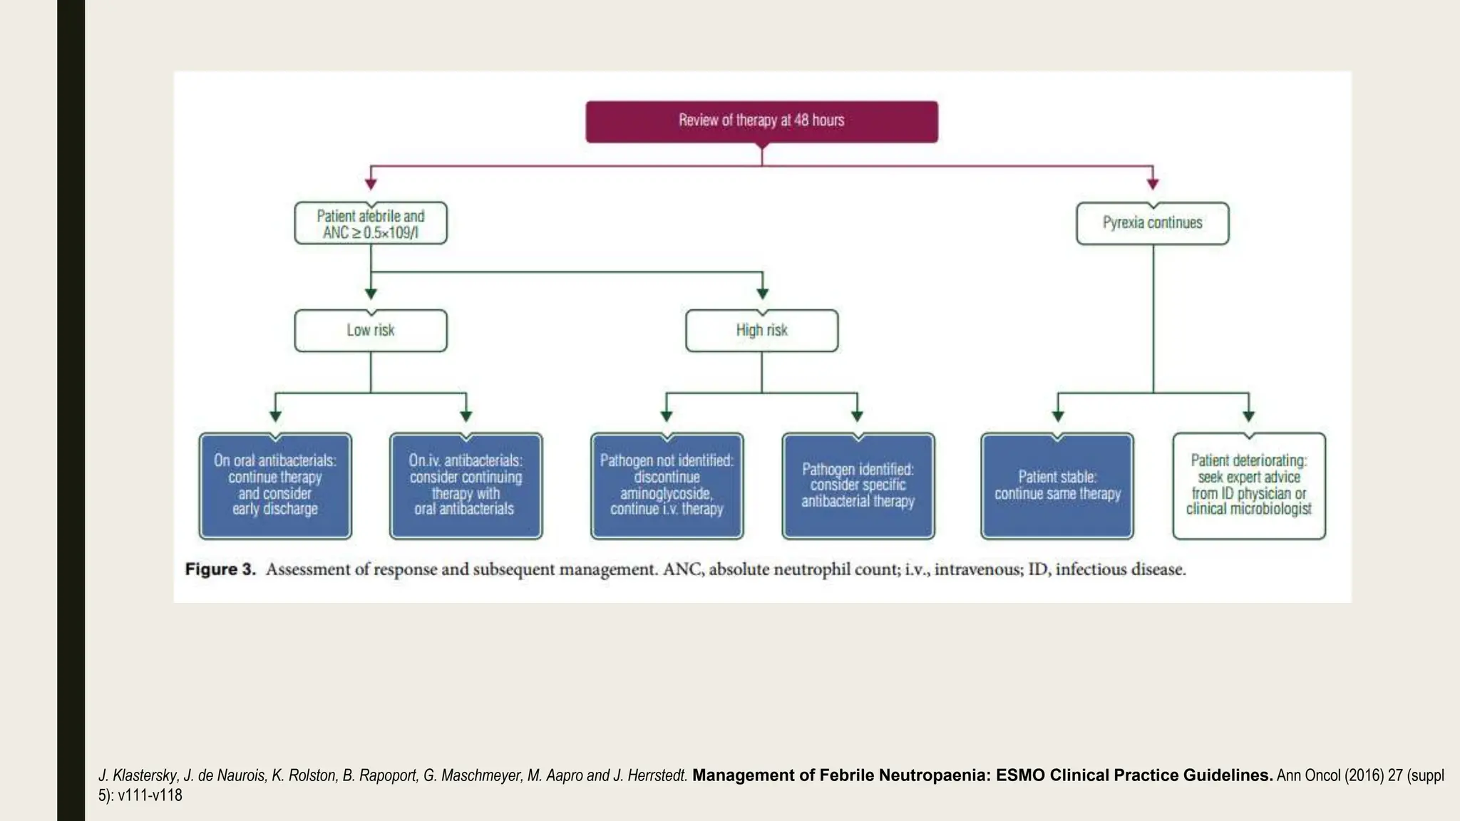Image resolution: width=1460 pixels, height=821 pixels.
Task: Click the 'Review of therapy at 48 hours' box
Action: tap(761, 121)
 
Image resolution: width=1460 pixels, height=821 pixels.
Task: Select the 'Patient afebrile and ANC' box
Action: tap(371, 224)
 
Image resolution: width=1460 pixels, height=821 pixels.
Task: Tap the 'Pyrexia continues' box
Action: tap(1152, 223)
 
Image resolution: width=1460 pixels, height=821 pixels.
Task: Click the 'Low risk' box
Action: tap(371, 331)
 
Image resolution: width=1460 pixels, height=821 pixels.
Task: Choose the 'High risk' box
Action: tap(761, 331)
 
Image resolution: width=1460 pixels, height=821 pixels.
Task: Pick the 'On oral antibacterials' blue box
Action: tap(275, 485)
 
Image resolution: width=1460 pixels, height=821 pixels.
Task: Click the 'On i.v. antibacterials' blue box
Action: tap(466, 485)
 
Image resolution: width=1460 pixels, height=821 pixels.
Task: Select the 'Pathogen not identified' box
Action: tap(667, 485)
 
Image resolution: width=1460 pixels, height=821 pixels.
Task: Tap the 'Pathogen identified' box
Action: tap(858, 485)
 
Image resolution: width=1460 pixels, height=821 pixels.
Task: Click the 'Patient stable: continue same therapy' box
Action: tap(1057, 485)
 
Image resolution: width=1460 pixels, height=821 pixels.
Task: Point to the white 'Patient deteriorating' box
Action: tap(1249, 485)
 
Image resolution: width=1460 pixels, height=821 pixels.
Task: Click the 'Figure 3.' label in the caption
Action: tap(220, 569)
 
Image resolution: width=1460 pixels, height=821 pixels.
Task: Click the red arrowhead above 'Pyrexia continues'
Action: tap(1153, 184)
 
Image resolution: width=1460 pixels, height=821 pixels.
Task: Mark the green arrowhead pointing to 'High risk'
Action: tap(762, 293)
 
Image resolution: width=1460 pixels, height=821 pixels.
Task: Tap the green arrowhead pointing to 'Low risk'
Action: tap(371, 293)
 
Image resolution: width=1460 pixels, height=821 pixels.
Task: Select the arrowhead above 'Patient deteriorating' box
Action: tap(1249, 416)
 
